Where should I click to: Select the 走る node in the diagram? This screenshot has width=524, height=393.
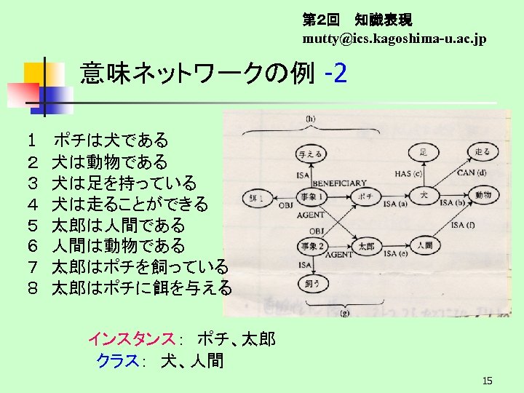(x=482, y=152)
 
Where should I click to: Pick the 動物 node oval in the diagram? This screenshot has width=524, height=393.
(x=483, y=195)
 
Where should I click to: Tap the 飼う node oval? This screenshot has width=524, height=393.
(x=313, y=281)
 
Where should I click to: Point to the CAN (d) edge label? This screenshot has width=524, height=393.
(x=472, y=172)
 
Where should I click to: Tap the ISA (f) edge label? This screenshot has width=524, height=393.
(x=461, y=225)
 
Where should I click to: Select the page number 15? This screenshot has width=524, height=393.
(x=488, y=381)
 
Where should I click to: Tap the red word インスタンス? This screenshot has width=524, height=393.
(x=131, y=338)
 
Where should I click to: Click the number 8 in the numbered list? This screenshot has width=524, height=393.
(x=33, y=288)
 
